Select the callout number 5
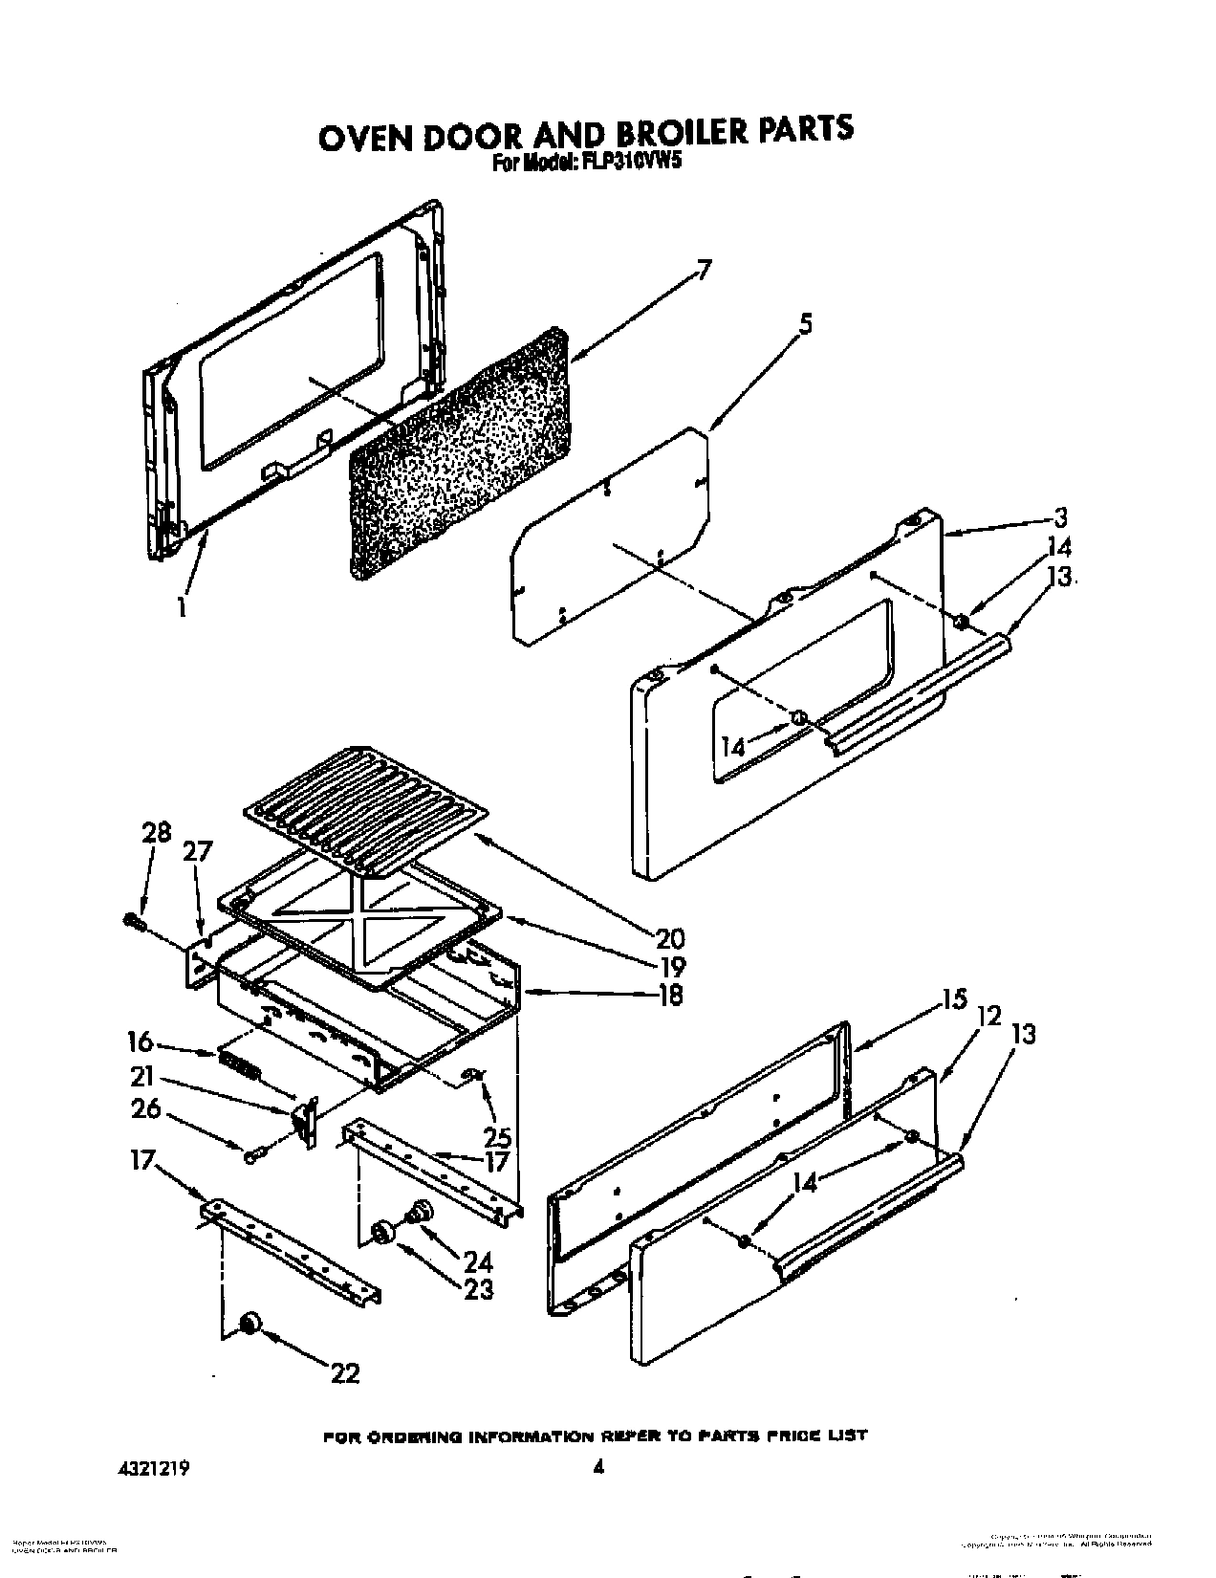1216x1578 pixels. click(x=805, y=325)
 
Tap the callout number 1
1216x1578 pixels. click(x=181, y=606)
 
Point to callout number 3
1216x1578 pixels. click(x=1059, y=518)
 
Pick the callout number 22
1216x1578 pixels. click(x=345, y=1373)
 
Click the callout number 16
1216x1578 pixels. click(x=141, y=1042)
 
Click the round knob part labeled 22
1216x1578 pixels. click(x=250, y=1322)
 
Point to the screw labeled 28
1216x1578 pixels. click(x=132, y=921)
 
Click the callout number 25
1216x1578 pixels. click(x=498, y=1137)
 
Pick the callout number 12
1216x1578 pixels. click(x=988, y=1017)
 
